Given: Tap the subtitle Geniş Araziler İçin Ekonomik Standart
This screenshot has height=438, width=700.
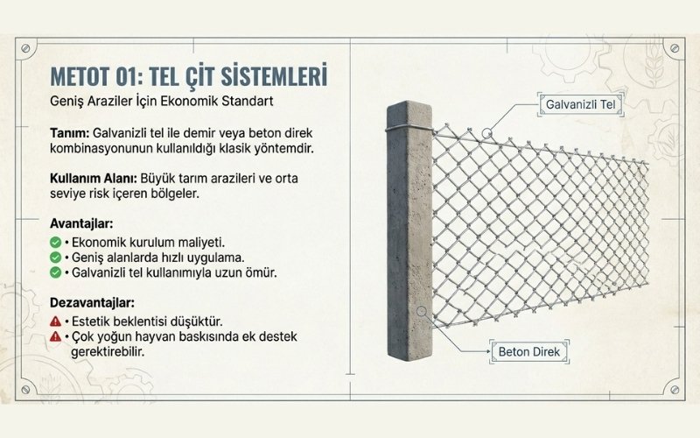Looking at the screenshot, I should coord(162,101).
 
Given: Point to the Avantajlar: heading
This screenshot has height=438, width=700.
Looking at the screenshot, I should coord(81,223).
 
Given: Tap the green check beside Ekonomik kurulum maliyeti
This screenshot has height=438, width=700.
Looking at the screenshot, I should coord(55,241).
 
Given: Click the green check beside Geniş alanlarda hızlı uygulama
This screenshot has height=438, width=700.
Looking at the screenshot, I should coord(55,257).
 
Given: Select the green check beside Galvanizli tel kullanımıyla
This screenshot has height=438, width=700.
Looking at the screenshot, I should coord(55,272).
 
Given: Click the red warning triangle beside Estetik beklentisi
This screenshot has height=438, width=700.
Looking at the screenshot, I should coord(55,320).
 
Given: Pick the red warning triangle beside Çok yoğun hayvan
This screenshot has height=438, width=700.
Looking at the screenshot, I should coord(55,336).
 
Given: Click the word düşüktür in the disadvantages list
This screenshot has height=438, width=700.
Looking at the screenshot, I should coord(198,320).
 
